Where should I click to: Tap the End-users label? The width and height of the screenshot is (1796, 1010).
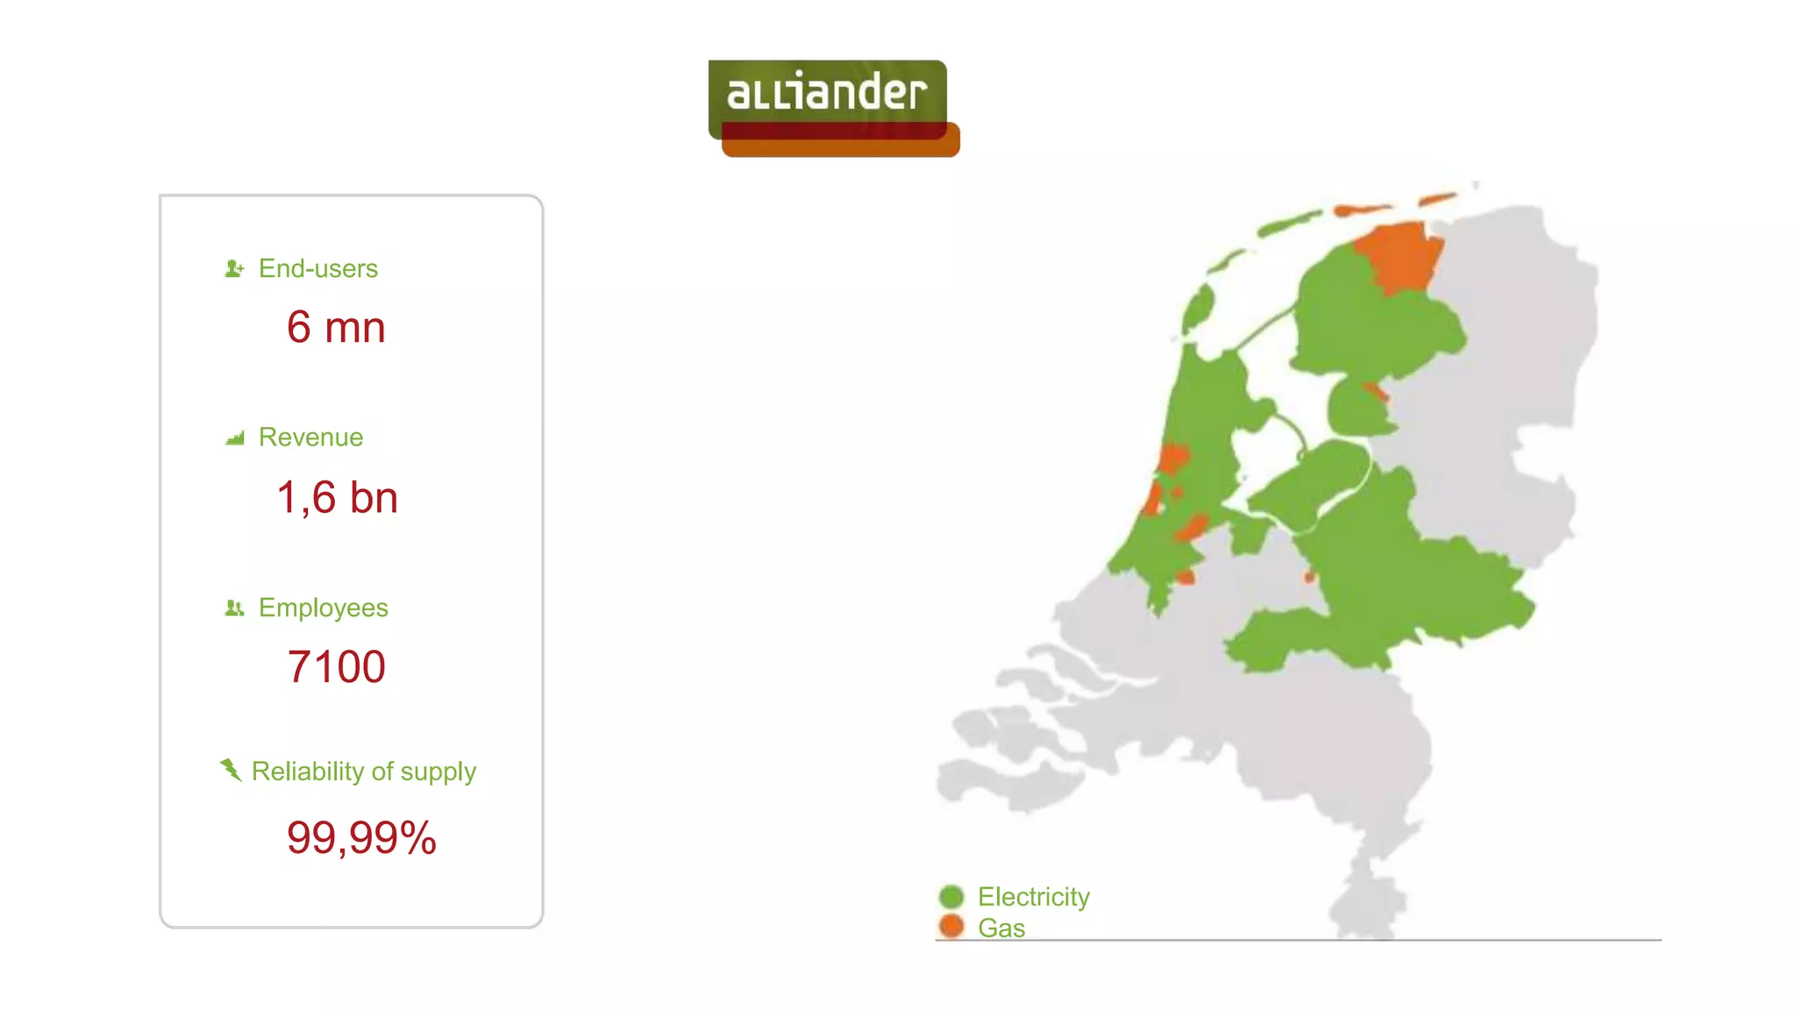coord(317,268)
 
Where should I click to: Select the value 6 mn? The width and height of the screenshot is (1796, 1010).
coord(336,327)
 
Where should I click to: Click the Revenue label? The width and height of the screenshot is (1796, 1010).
coord(310,437)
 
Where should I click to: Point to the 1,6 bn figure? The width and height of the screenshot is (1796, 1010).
coord(338,497)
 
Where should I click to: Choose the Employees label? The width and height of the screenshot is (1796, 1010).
coord(323,608)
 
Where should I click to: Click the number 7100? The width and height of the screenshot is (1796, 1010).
coord(336,666)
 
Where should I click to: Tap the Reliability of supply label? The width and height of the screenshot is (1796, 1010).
coord(364,772)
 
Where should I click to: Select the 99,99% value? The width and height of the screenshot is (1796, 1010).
coord(361,837)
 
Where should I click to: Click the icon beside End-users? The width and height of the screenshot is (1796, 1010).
coord(234,268)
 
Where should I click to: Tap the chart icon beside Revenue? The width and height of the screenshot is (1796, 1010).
coord(235,437)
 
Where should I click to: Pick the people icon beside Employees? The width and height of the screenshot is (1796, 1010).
coord(234,608)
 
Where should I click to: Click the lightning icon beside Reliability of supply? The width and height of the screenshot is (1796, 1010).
coord(231,770)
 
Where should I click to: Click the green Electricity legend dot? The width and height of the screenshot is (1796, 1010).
coord(951,897)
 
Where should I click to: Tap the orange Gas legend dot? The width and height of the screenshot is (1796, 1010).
coord(951,926)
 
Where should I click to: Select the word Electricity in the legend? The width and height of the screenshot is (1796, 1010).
coord(1034,897)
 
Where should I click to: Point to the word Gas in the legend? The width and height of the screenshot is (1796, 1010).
coord(1001,928)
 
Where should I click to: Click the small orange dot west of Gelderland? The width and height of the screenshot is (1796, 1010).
coord(1309,577)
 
